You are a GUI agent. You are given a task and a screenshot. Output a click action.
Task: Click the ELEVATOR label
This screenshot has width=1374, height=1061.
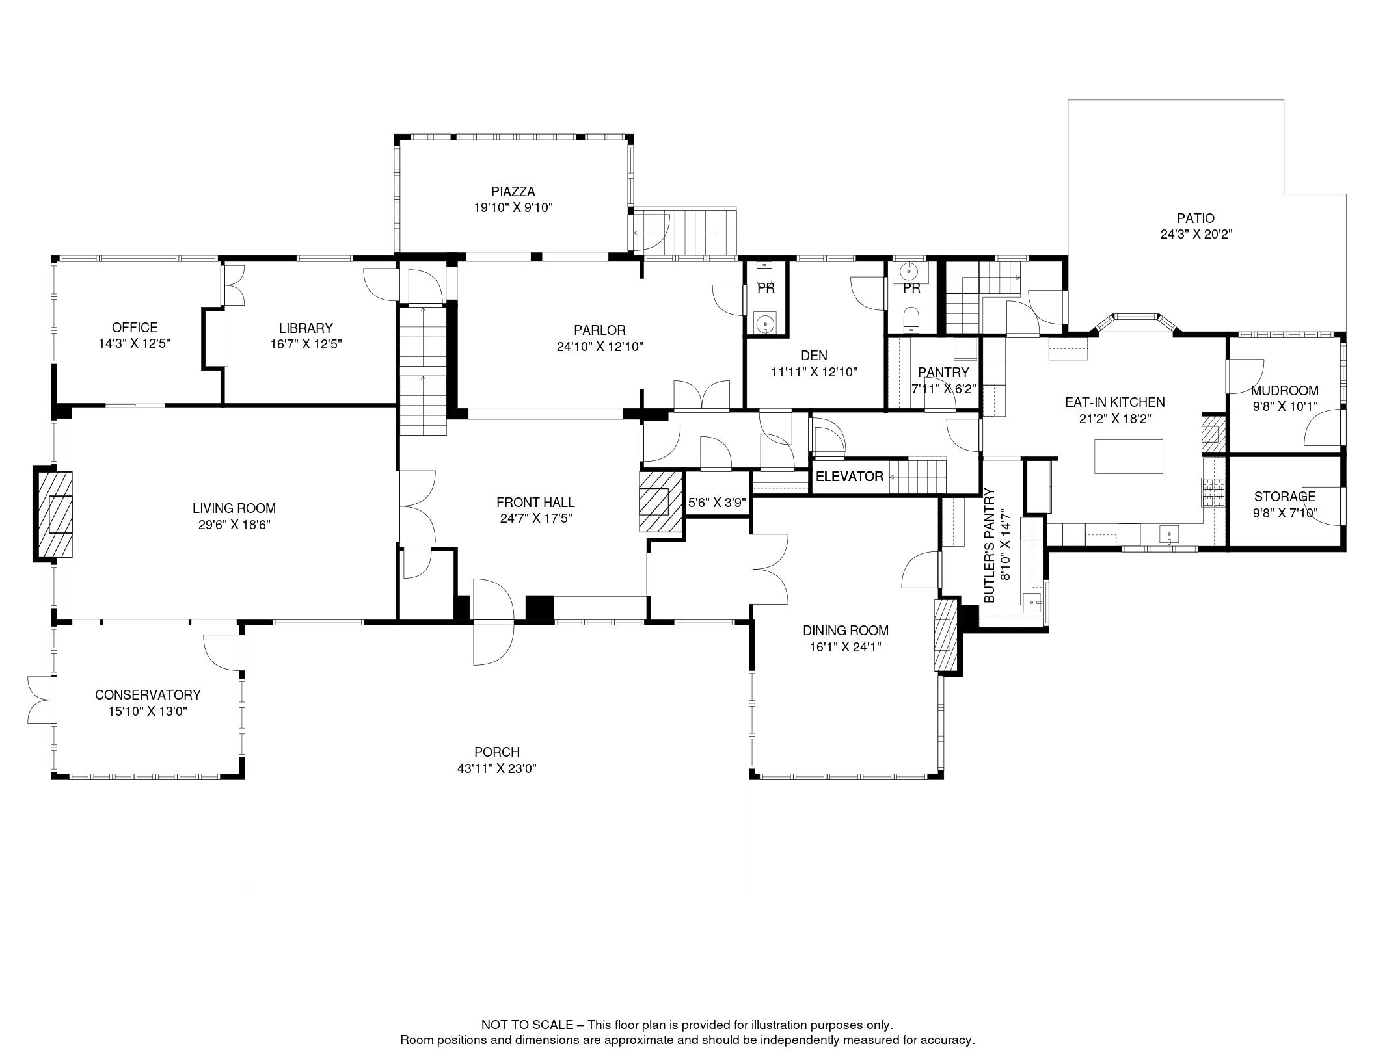click(849, 477)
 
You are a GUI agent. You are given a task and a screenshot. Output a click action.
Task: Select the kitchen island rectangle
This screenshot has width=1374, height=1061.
click(1129, 456)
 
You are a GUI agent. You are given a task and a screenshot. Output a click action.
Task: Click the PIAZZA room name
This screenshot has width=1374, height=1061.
click(513, 192)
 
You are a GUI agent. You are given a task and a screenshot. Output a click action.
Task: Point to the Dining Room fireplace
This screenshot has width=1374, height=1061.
click(946, 635)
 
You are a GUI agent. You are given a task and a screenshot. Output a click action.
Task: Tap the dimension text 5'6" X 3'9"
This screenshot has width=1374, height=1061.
click(717, 502)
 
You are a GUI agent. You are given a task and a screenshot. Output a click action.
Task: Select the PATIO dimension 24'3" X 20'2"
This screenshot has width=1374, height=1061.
click(1196, 235)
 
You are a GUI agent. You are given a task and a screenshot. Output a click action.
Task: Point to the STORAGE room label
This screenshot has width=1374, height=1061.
click(1285, 497)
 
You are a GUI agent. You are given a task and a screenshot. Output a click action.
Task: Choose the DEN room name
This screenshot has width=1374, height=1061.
click(814, 356)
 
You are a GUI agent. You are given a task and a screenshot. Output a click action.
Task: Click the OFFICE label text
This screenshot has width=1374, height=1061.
click(135, 328)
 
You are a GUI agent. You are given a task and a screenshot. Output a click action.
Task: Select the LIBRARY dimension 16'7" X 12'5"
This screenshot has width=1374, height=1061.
click(306, 345)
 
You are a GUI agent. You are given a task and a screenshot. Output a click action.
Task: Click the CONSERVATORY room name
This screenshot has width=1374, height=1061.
click(148, 695)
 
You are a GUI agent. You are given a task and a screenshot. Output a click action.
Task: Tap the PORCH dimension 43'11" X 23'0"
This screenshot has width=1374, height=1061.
click(496, 768)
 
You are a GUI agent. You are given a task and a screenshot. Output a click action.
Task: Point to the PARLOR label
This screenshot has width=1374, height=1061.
click(600, 330)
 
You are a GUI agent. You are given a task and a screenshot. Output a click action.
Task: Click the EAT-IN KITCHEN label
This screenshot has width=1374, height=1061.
click(1115, 402)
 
